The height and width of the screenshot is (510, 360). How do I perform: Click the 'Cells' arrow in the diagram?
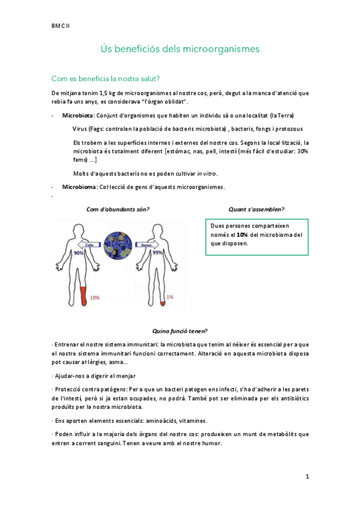point(90,245)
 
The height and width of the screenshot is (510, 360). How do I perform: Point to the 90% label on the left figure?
point(78,254)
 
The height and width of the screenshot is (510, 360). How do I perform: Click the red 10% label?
point(94,297)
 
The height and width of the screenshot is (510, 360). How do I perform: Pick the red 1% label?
point(170,297)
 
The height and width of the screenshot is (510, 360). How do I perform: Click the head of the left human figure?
point(78,231)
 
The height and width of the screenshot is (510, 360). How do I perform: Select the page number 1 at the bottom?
point(307,476)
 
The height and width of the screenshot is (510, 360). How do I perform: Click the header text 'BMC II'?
point(60,26)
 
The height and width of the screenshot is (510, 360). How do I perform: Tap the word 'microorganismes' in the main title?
point(225,49)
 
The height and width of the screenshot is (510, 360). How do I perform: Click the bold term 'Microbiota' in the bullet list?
point(78,115)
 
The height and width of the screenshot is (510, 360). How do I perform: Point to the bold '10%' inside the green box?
point(242,235)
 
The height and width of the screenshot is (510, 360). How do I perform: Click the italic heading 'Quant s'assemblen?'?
point(256,209)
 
